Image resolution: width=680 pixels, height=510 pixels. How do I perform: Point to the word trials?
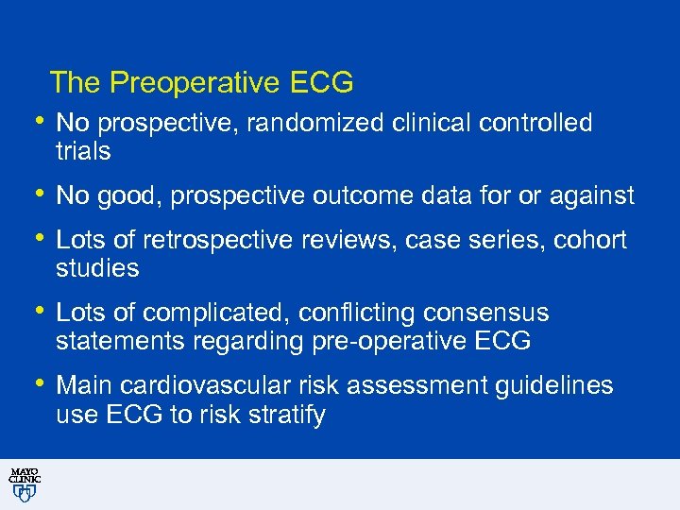tap(83, 151)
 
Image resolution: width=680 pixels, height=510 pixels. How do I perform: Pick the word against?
tap(591, 195)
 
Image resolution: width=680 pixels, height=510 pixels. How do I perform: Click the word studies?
tap(97, 268)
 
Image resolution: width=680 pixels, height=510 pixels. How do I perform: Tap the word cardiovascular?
tap(212, 385)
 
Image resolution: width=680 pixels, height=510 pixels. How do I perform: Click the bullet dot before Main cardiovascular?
tap(38, 382)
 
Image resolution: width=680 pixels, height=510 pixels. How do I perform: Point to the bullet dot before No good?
tap(38, 193)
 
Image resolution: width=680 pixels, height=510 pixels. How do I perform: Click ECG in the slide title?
tap(322, 83)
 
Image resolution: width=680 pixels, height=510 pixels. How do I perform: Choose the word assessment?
tap(413, 385)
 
